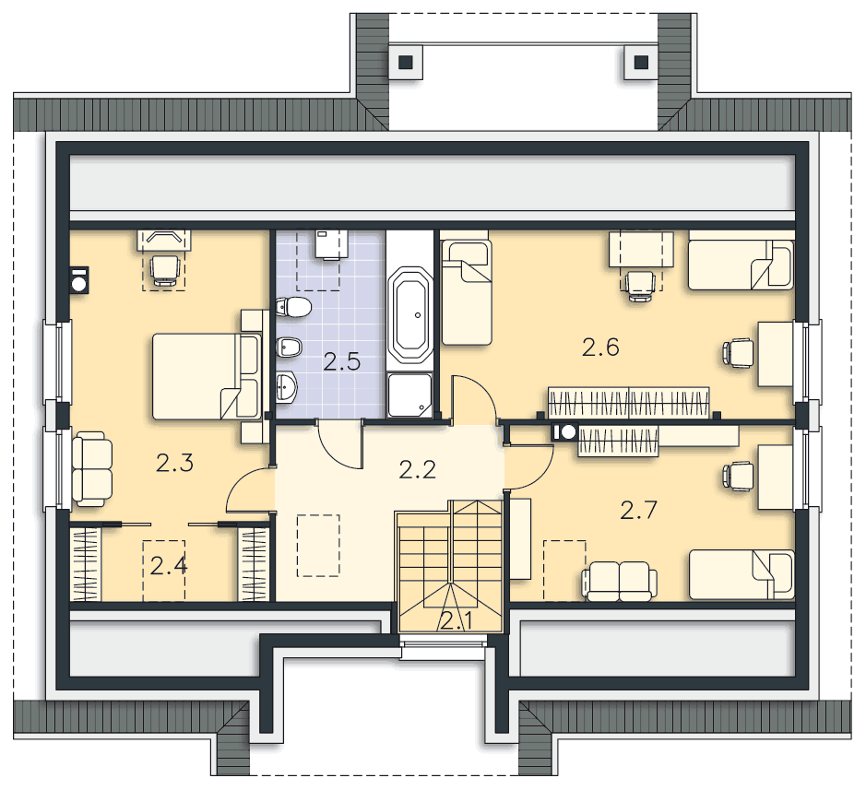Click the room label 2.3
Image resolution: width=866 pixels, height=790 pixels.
pos(174,463)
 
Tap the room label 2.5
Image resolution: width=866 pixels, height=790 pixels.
pos(342,361)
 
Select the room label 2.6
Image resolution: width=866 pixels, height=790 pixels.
pos(600,348)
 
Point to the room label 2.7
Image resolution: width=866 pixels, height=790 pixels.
pos(638,510)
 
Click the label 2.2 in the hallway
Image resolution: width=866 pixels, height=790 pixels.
pos(418,470)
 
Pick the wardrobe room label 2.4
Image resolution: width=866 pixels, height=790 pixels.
pos(169,566)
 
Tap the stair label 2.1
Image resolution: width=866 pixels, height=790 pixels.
pos(457,621)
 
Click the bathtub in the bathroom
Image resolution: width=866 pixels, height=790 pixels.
pos(409,315)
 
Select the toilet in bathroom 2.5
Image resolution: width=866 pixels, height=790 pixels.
pos(293,307)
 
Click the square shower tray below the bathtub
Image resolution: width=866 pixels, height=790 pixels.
pos(409,395)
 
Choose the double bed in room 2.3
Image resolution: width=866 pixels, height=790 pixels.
pos(206,376)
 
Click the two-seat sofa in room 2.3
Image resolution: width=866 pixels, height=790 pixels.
pos(92,468)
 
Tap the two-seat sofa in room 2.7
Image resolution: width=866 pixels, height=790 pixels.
pos(619,582)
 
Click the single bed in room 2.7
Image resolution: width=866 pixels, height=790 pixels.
pos(741,574)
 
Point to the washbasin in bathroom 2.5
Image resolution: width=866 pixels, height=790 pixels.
pos(286,386)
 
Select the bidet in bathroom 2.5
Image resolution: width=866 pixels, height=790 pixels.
pos(289,347)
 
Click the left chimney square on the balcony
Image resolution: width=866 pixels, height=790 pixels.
pos(406,62)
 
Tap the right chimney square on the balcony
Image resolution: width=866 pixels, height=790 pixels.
pos(641,62)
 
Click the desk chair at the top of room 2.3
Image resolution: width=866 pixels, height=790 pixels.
pos(164,270)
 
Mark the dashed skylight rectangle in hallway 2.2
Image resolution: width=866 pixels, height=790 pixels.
pos(318,546)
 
